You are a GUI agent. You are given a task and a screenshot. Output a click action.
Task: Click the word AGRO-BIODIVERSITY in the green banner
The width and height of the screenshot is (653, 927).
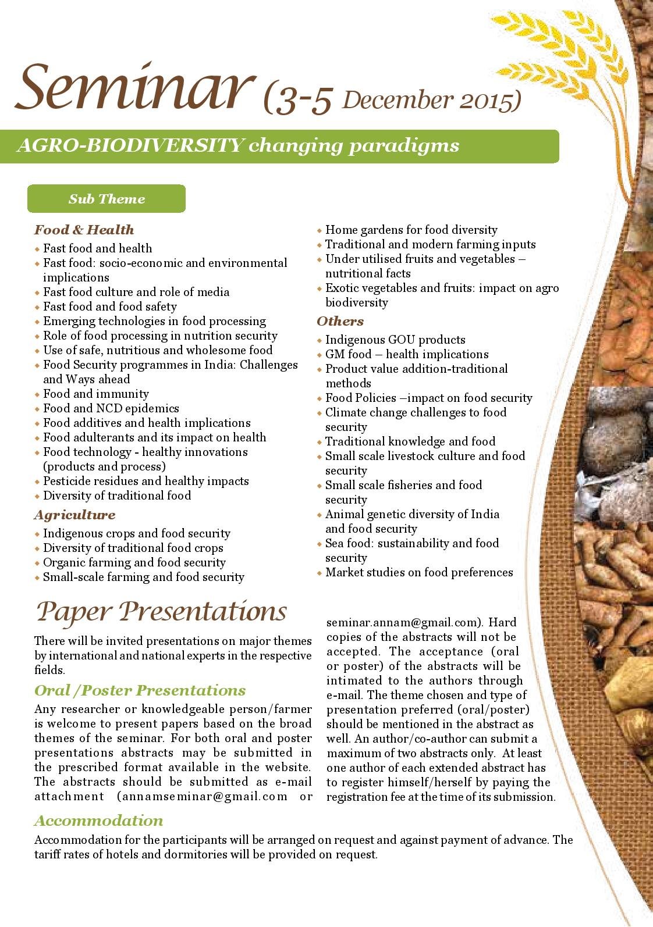click(x=129, y=145)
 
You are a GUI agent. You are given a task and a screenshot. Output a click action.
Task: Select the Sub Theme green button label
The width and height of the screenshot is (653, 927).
click(x=107, y=199)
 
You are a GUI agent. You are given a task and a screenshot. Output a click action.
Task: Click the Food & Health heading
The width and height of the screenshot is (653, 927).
click(x=84, y=230)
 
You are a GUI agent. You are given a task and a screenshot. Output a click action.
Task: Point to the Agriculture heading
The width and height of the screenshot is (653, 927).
click(x=74, y=515)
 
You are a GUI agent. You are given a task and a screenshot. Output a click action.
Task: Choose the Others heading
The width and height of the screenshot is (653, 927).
click(x=340, y=321)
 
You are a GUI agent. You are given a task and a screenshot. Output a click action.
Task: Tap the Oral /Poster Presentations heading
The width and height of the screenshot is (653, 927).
click(x=140, y=690)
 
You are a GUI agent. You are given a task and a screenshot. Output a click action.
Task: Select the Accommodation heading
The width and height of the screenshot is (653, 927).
click(x=98, y=821)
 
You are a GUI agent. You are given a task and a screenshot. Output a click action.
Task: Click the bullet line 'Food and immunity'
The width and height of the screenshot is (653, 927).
click(x=96, y=394)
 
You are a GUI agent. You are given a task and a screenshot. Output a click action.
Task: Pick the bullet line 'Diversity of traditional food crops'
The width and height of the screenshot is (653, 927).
click(x=133, y=548)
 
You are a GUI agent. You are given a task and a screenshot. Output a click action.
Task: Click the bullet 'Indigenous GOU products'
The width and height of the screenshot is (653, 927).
click(x=395, y=340)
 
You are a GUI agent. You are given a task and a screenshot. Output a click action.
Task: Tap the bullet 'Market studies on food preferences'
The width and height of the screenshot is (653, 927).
click(x=419, y=572)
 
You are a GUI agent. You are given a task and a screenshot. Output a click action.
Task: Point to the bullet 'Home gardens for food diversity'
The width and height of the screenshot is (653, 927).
click(x=411, y=230)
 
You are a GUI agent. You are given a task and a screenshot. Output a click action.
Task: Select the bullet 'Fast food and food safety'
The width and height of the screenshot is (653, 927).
click(x=109, y=306)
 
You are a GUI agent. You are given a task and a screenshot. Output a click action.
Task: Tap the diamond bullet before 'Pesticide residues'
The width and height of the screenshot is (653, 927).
click(x=37, y=482)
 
